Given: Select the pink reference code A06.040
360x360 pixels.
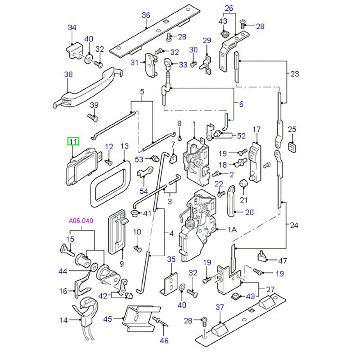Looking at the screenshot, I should click(81, 221).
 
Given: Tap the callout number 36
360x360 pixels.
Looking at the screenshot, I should click(145, 15).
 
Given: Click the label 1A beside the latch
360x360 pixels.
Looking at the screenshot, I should click(232, 229).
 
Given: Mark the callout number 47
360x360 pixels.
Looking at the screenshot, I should click(283, 261).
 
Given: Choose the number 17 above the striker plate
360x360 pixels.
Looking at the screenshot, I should click(256, 130).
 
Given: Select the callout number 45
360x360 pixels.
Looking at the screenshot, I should click(107, 319).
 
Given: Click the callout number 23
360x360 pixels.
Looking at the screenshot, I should click(294, 74).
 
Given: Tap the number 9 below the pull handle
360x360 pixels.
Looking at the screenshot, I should click(121, 263).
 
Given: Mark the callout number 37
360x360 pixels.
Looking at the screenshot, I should click(219, 307).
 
